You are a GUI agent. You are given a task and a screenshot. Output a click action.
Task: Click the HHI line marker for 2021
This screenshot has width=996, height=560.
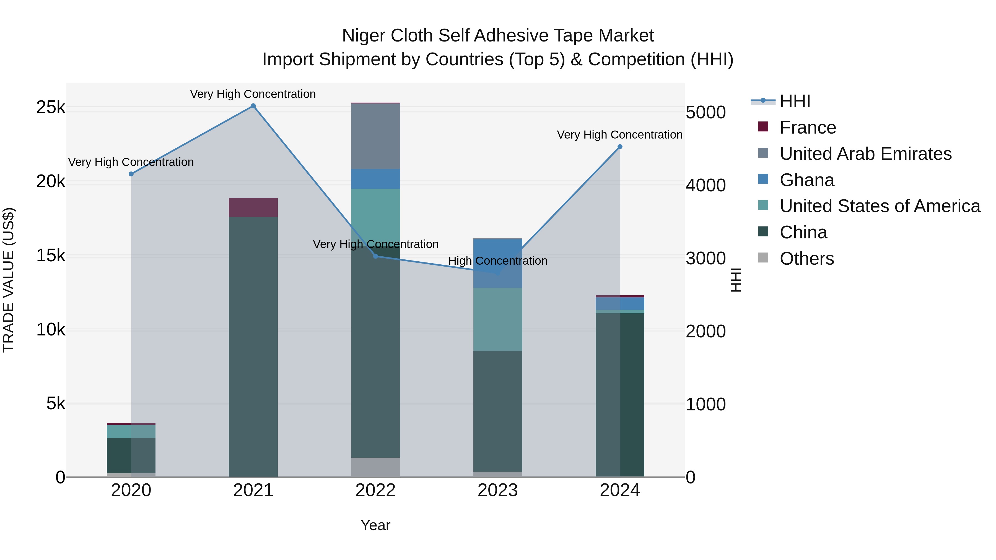click(253, 106)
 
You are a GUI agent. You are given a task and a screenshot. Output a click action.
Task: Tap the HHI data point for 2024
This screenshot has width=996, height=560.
click(620, 147)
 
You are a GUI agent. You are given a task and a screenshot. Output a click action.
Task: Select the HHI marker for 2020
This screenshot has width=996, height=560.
click(131, 174)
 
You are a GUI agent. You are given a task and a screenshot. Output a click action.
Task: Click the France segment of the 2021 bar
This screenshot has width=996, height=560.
click(253, 207)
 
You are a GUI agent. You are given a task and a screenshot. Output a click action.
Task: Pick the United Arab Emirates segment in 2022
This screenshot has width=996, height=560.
click(375, 136)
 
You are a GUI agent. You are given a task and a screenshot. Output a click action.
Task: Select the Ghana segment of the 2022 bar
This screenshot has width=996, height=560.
click(375, 179)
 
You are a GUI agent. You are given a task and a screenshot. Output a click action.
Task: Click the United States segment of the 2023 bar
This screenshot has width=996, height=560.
click(498, 319)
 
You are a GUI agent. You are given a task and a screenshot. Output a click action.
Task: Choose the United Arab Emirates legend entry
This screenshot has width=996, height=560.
click(865, 154)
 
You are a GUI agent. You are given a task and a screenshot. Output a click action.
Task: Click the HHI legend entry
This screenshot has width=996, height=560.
click(795, 101)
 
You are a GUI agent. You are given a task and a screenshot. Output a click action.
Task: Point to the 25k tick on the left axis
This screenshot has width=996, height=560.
click(51, 108)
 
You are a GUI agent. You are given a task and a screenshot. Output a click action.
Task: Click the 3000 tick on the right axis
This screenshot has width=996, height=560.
click(705, 258)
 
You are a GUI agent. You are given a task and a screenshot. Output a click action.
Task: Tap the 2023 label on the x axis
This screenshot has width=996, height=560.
click(498, 490)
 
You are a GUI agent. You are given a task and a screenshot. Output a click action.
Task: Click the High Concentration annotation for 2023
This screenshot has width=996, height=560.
click(498, 261)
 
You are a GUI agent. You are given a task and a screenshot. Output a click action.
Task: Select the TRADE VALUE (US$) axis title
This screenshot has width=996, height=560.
click(9, 280)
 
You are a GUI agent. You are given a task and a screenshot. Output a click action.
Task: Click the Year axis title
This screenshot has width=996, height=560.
click(375, 525)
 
